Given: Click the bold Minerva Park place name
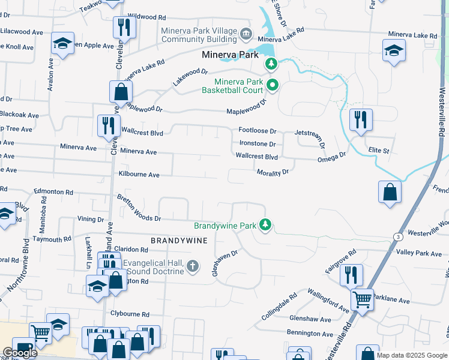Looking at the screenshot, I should coord(230,55).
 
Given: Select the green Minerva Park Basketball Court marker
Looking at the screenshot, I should coord(272,85).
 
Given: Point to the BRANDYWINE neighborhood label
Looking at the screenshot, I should coord(179,240).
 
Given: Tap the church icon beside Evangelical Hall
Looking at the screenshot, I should coord(192,266).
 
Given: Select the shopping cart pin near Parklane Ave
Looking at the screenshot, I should coord(363,298).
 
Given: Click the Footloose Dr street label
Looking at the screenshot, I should coord(257,131).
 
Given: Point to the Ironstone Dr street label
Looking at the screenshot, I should coord(257,144).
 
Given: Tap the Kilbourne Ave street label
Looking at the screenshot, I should coord(139,175).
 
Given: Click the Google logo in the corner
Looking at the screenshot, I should coord(20,353).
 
